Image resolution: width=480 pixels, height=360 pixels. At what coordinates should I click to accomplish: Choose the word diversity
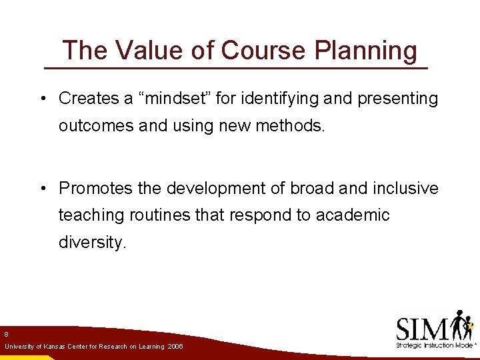pyautogui.click(x=91, y=243)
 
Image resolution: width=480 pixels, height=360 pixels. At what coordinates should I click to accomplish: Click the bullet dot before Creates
pyautogui.click(x=41, y=99)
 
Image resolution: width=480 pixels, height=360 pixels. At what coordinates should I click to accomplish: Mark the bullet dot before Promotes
pyautogui.click(x=41, y=189)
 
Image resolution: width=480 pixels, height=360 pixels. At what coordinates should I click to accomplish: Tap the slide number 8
pyautogui.click(x=6, y=333)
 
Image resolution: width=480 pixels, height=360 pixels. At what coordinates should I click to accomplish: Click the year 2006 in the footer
pyautogui.click(x=176, y=347)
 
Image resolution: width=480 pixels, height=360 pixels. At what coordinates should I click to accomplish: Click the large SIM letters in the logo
pyautogui.click(x=422, y=328)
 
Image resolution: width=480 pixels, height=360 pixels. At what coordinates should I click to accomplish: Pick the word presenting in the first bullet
pyautogui.click(x=398, y=99)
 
